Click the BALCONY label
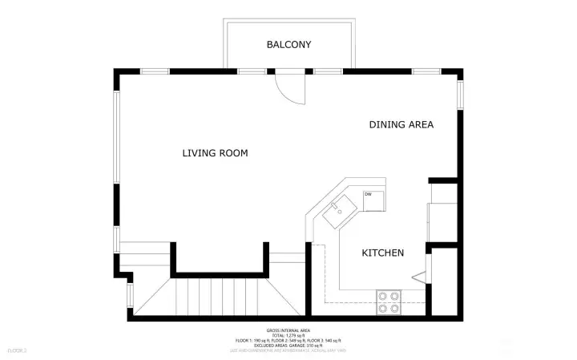point(288,45)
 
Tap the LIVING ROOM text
point(214,153)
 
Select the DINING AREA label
point(401,124)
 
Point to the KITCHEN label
point(382,253)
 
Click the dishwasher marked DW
point(373,200)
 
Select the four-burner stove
point(389,301)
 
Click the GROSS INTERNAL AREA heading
point(288,330)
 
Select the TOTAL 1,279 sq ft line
point(288,336)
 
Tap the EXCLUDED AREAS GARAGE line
point(288,346)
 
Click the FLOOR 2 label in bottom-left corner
point(17,350)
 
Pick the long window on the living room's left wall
point(117,137)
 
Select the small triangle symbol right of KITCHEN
point(418,277)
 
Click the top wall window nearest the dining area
point(426,71)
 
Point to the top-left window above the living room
point(154,71)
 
